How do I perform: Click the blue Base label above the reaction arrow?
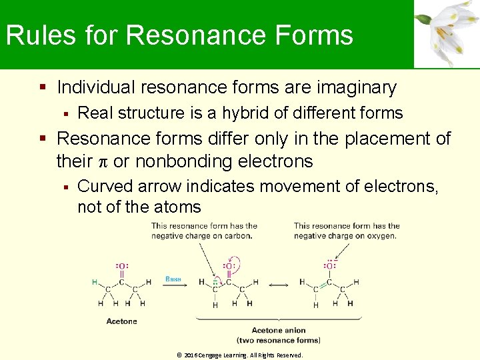173,279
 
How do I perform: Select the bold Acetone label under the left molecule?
121,321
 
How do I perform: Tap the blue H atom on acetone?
95,282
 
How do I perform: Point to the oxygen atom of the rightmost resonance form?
329,266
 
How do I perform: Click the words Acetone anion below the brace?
278,331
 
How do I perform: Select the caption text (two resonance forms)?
278,340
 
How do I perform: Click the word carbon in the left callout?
238,235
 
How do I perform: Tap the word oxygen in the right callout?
381,235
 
